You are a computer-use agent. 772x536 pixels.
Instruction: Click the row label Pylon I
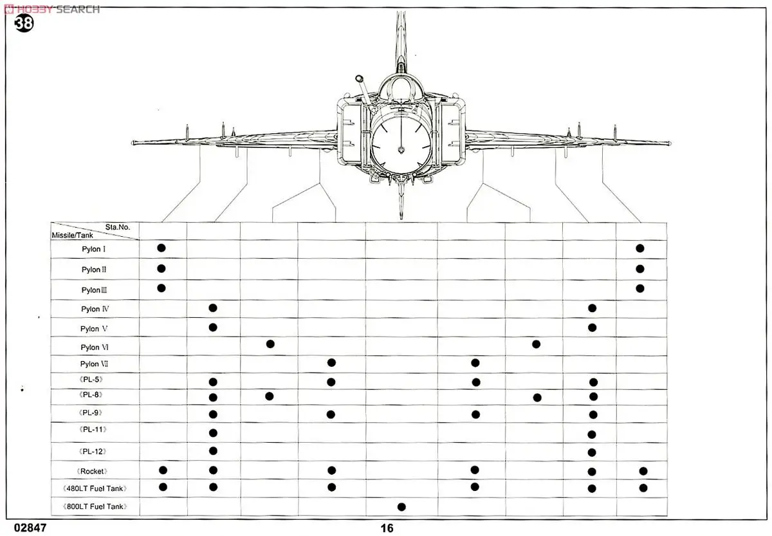(x=94, y=249)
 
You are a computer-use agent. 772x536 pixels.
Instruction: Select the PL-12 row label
(x=93, y=451)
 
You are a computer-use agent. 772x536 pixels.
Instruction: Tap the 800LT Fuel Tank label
(x=95, y=507)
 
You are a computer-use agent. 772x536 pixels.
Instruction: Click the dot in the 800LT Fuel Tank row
(x=401, y=507)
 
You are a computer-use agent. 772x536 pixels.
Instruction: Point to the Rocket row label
(x=94, y=471)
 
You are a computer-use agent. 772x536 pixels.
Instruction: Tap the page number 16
(x=386, y=528)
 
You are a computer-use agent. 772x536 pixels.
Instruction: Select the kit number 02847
(x=25, y=528)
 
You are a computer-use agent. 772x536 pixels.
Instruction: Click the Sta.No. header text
(x=118, y=227)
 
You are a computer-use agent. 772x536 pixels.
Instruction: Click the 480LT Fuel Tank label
(x=95, y=488)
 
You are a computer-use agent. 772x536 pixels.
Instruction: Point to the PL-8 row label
(x=91, y=394)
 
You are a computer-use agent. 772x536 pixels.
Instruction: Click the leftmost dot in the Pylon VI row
(x=270, y=344)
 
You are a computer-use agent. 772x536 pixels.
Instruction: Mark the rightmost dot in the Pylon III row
(x=639, y=288)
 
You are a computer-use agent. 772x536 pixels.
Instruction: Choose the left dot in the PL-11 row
(x=213, y=432)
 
